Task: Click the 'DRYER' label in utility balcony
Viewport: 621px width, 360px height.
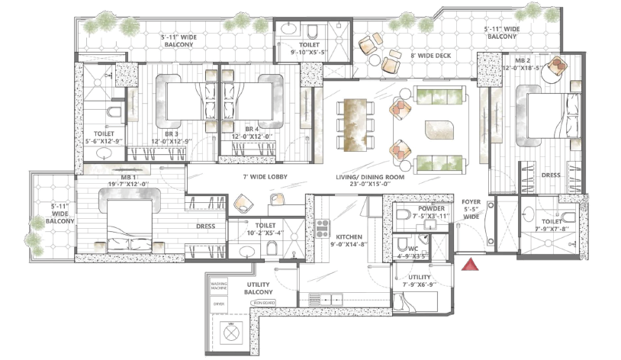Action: [x=218, y=303]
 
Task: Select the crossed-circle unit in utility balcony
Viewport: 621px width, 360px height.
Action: [x=230, y=330]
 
